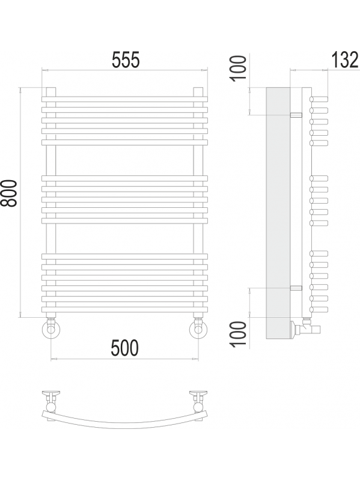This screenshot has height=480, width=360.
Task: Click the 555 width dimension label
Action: click(126, 59)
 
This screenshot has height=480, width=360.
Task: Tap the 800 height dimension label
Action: click(8, 193)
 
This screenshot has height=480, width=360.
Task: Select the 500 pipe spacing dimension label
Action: click(124, 348)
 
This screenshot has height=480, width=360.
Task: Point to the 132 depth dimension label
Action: click(345, 59)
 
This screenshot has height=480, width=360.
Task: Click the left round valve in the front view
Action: click(51, 329)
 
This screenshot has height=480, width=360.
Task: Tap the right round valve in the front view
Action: click(198, 329)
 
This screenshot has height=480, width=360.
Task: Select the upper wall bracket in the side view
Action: click(296, 115)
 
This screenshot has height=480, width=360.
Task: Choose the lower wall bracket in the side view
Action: click(296, 288)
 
